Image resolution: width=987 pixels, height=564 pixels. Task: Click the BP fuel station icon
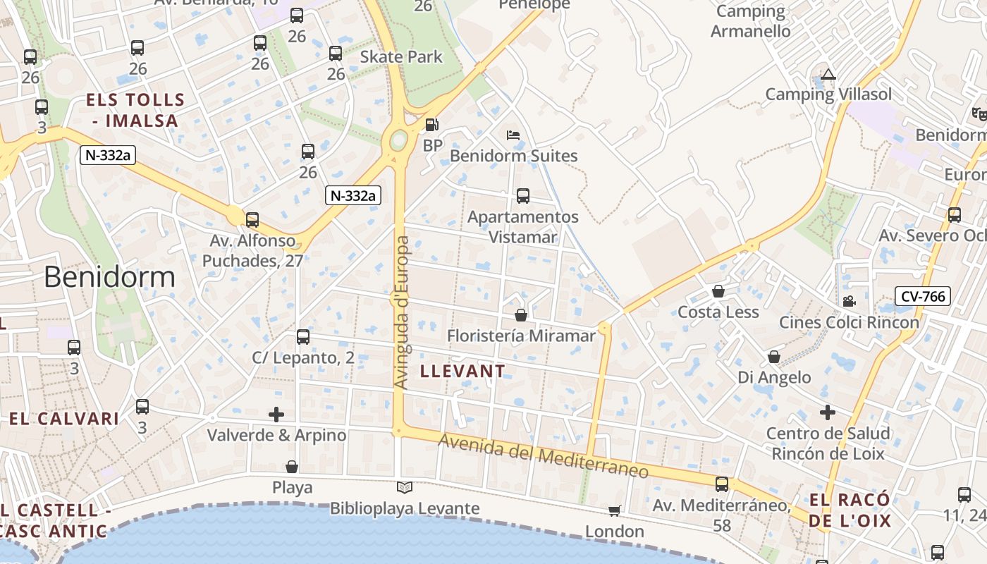pyautogui.click(x=431, y=125)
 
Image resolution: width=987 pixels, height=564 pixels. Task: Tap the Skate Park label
pyautogui.click(x=401, y=57)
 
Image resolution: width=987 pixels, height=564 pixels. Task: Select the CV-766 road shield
pyautogui.click(x=923, y=296)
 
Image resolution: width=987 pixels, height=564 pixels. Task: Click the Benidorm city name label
pyautogui.click(x=109, y=277)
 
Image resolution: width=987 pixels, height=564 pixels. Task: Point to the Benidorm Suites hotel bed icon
pyautogui.click(x=513, y=135)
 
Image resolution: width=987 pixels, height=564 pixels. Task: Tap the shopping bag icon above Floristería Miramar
pyautogui.click(x=521, y=315)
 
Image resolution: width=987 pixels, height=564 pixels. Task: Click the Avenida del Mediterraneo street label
pyautogui.click(x=544, y=457)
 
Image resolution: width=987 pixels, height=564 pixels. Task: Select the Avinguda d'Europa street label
pyautogui.click(x=402, y=312)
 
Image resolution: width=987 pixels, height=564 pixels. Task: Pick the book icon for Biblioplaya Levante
pyautogui.click(x=404, y=487)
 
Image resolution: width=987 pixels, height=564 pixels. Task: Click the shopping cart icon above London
pyautogui.click(x=615, y=510)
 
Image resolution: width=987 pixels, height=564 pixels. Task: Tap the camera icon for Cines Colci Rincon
pyautogui.click(x=849, y=301)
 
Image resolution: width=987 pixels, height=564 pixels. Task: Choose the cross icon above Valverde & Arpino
pyautogui.click(x=276, y=415)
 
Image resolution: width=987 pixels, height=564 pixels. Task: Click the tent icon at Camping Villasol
pyautogui.click(x=828, y=74)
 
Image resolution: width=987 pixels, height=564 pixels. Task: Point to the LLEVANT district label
pyautogui.click(x=462, y=372)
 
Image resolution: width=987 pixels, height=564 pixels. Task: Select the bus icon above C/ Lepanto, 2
pyautogui.click(x=303, y=337)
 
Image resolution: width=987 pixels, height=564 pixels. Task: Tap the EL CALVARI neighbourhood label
pyautogui.click(x=64, y=419)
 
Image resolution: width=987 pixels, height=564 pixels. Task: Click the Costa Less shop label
pyautogui.click(x=718, y=312)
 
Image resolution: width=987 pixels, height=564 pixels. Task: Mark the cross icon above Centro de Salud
pyautogui.click(x=828, y=412)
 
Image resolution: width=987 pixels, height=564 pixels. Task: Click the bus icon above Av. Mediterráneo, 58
pyautogui.click(x=722, y=484)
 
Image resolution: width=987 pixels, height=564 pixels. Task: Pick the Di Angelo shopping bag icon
pyautogui.click(x=774, y=357)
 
